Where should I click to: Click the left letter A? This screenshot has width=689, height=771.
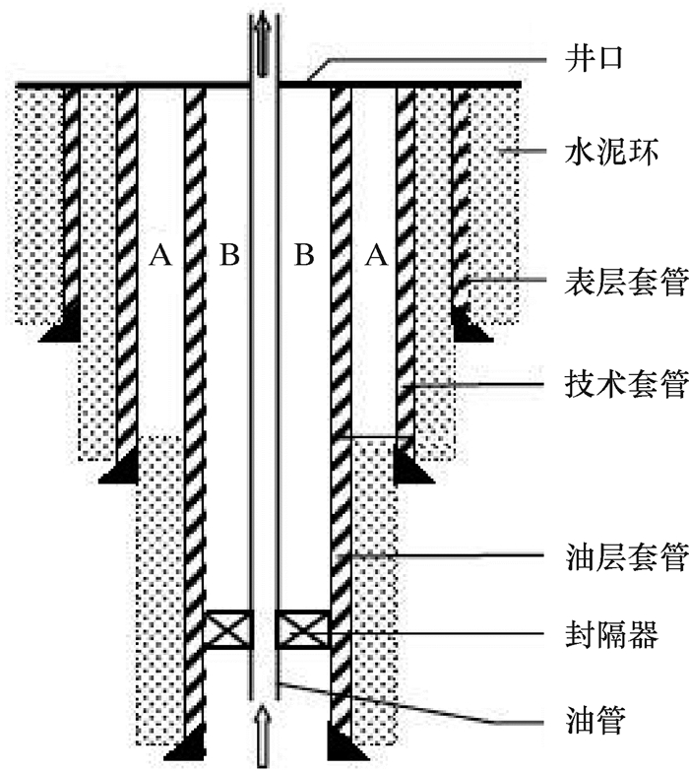(160, 257)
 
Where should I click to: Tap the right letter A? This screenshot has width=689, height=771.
(375, 257)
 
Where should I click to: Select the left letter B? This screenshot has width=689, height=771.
(229, 257)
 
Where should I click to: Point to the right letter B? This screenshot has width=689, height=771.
(305, 257)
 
